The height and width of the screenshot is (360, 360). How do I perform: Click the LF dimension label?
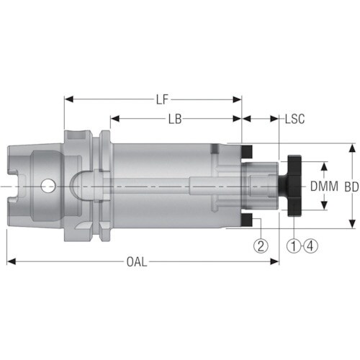coord(162,99)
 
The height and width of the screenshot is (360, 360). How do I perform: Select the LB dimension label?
coord(175,119)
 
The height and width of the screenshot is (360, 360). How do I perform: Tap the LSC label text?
coord(294,119)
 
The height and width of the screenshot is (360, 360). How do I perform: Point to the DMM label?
coord(324,186)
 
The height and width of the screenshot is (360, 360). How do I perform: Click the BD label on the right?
coord(352,187)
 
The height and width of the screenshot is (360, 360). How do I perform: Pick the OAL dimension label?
coord(137,262)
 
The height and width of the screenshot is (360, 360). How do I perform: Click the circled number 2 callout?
coord(261,246)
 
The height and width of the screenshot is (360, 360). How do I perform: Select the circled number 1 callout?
coord(294,246)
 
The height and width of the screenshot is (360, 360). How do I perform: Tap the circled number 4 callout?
coord(311,246)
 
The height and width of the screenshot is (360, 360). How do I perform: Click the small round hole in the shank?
coord(48,186)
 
